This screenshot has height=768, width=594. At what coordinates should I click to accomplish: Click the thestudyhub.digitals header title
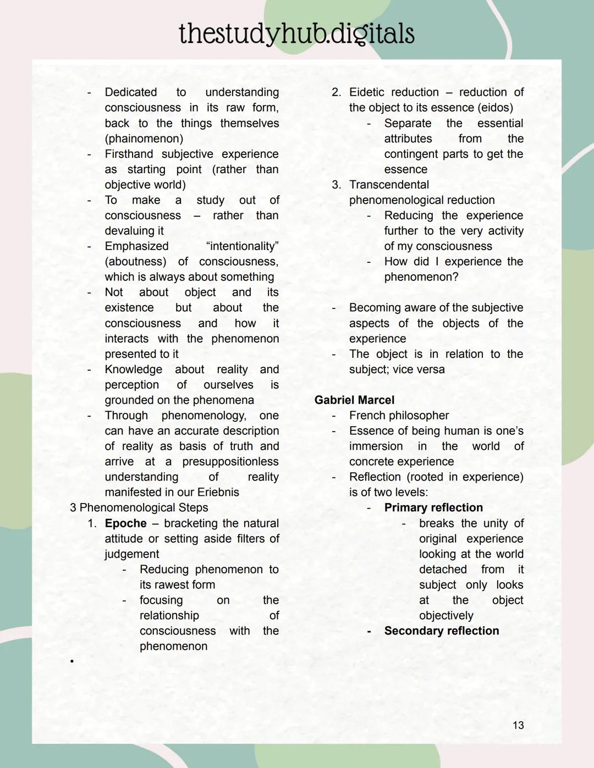coord(296,34)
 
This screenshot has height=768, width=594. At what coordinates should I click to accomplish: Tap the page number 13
coord(518,725)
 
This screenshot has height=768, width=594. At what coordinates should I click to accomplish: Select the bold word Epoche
coord(125,523)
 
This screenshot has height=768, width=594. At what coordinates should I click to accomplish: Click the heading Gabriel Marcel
coord(354,400)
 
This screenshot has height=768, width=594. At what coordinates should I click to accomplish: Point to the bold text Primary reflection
coord(433,507)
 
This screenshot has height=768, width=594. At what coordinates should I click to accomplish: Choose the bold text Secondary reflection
coord(442,631)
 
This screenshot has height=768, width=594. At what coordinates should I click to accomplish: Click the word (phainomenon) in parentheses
coord(144,139)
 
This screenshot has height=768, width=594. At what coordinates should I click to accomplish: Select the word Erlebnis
coord(218,492)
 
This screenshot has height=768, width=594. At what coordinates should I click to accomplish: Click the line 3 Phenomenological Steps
coord(139,507)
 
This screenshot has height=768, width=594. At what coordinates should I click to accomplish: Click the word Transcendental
coord(389,185)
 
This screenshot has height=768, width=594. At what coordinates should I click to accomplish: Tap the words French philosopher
coord(399,416)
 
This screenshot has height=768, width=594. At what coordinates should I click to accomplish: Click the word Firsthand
coord(130,154)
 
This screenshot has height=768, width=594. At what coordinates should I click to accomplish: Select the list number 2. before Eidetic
coord(336,92)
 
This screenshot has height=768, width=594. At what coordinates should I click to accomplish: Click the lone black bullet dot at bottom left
coord(71,661)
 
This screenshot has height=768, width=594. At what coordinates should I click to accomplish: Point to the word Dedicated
coord(131,92)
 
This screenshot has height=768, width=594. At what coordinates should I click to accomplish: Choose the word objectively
coord(446,615)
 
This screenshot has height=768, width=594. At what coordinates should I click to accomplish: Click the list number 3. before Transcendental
coord(336,185)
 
